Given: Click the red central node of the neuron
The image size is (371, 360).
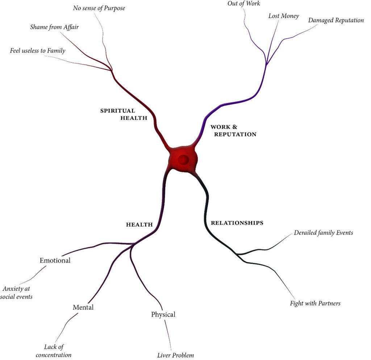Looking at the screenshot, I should pos(183,159).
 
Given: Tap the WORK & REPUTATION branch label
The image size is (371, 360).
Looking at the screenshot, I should pos(233,131).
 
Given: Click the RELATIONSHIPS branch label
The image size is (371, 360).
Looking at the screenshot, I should pos(237,223).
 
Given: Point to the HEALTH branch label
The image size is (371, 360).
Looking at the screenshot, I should pos(139,225).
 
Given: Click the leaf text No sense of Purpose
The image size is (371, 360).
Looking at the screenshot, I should pos(99,8).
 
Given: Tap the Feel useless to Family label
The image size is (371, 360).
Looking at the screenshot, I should pos(38,51).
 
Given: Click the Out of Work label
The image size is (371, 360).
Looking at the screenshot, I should pos(244,4).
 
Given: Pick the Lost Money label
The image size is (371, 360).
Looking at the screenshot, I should pos(283,16).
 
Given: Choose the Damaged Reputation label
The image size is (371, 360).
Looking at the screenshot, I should pos(336,20).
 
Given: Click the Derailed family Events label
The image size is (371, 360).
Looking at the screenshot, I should pos(323,233).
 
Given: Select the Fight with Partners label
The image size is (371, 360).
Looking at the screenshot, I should pos(315,303).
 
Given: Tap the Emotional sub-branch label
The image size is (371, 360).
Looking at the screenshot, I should pos(55,260).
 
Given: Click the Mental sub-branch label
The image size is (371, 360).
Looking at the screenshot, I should pos(83,307).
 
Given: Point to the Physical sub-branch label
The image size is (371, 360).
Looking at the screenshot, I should pos(163,314).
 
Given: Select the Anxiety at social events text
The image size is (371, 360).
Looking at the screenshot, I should pos(17,293).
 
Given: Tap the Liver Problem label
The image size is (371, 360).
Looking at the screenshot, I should pos(175,355).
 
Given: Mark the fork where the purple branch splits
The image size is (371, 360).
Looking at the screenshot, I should pos(266,65).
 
